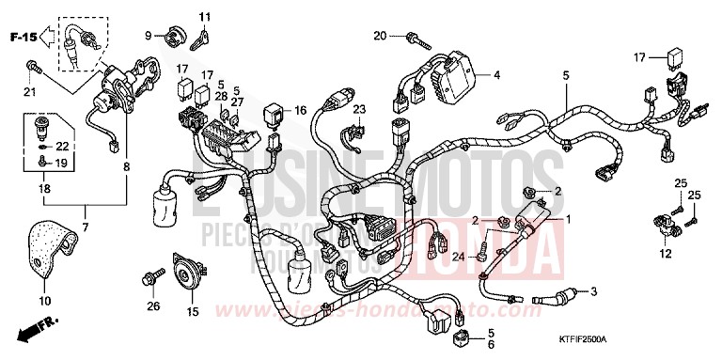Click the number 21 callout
pos(28,92)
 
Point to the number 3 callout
pos(594,293)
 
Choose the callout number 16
pos(301,110)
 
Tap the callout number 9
pos(148,36)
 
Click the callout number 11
pos(205,16)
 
